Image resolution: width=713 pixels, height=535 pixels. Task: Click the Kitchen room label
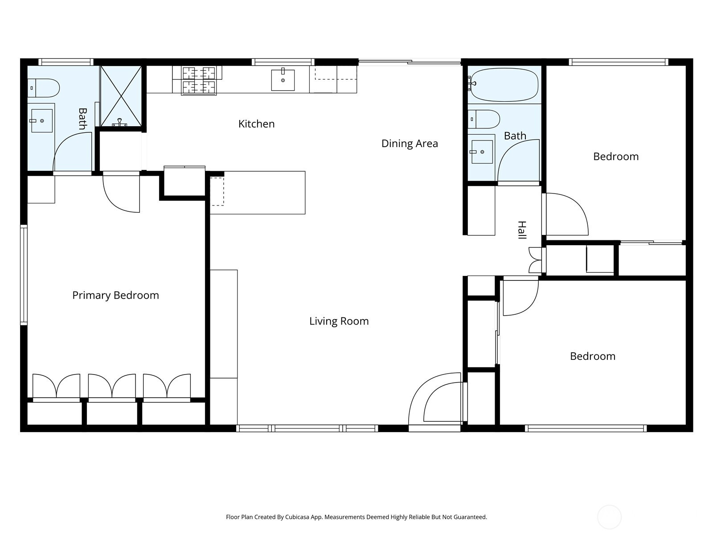[x=256, y=124]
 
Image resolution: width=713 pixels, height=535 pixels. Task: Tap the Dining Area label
[x=410, y=144]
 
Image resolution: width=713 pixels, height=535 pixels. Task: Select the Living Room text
[x=339, y=321]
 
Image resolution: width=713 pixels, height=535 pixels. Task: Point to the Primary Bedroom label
[x=115, y=295]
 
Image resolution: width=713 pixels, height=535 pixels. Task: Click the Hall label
[x=522, y=230]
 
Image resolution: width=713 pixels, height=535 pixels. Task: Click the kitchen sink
[x=283, y=79]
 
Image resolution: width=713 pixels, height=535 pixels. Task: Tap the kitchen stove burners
[x=199, y=81]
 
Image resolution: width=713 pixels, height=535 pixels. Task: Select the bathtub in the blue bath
[x=504, y=84]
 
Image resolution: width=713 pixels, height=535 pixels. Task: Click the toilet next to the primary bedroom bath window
[x=44, y=88]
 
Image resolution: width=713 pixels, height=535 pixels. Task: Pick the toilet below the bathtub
[x=484, y=119]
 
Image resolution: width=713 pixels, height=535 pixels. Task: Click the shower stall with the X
[x=121, y=96]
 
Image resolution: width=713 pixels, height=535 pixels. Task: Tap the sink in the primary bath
[x=41, y=121]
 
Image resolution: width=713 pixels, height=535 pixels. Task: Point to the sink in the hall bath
[x=482, y=152]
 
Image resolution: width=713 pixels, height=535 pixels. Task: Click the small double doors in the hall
[x=535, y=260]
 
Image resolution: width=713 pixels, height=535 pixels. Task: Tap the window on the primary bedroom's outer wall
[x=24, y=275]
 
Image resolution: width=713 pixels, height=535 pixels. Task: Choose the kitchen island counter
[x=258, y=193]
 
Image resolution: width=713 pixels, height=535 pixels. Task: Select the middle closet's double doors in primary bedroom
[x=112, y=386]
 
